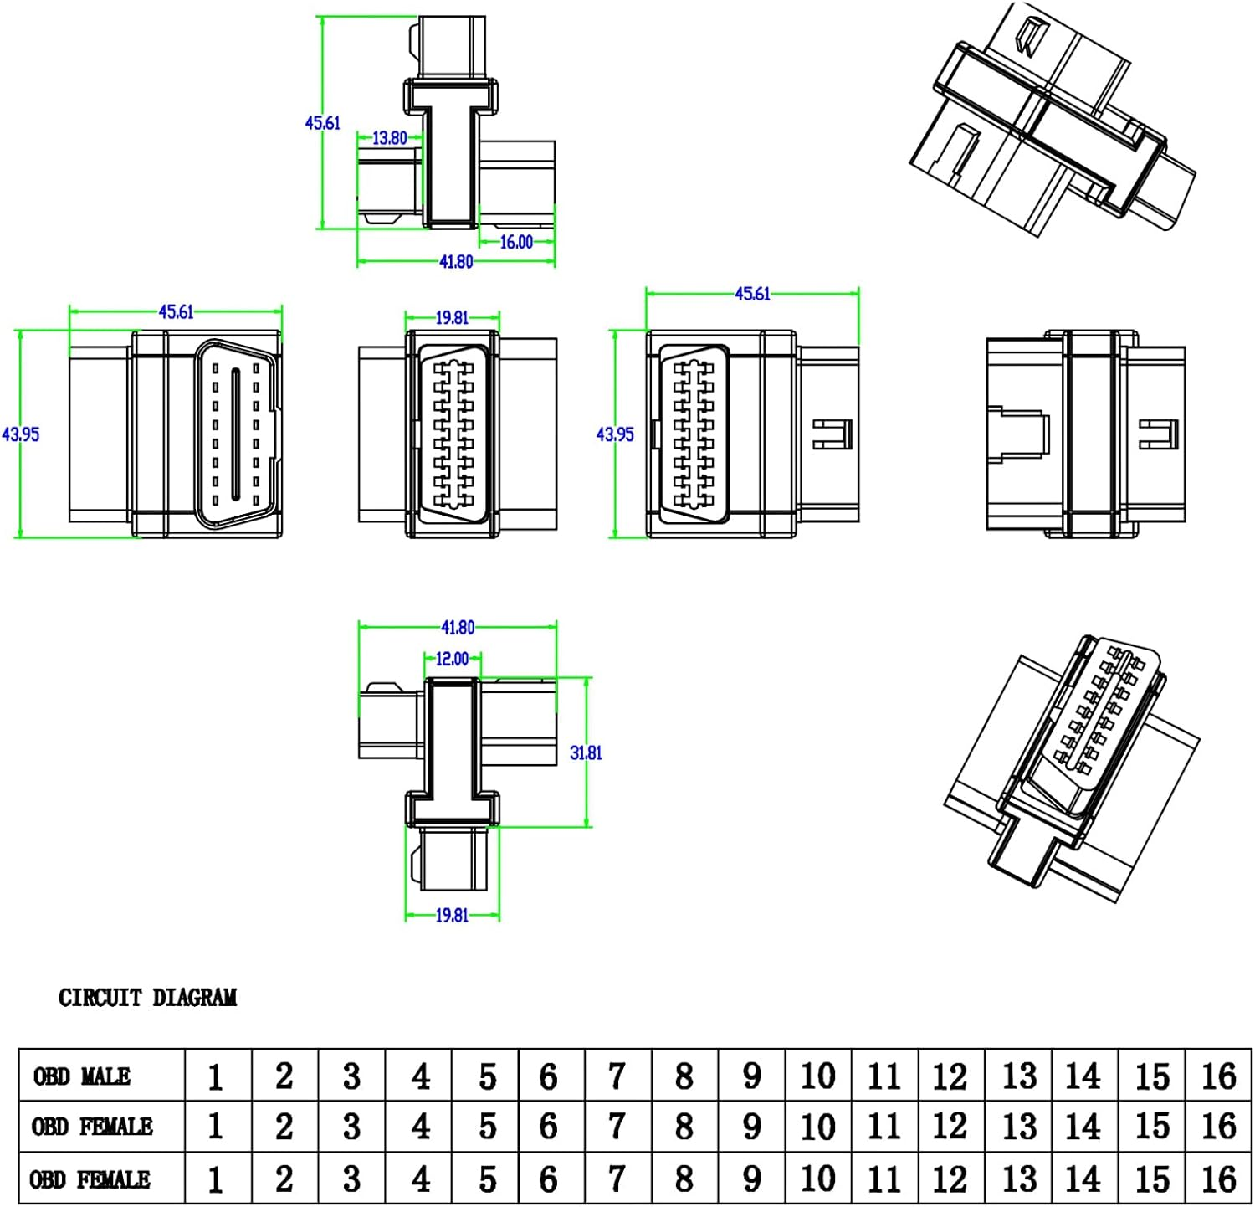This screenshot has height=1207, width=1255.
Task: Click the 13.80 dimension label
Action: (x=389, y=138)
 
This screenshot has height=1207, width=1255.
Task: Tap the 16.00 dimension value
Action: (x=516, y=242)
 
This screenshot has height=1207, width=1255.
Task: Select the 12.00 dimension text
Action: (x=453, y=659)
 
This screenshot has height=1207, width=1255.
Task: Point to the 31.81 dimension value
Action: (x=586, y=752)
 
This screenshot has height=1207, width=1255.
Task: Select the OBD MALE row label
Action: (x=82, y=1076)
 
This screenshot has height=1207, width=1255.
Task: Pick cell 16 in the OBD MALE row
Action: (x=1218, y=1076)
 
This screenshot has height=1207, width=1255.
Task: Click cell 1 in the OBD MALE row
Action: (x=216, y=1076)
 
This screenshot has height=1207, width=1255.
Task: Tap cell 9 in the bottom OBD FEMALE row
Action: (x=751, y=1179)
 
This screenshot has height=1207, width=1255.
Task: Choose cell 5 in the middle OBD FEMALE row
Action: (x=487, y=1127)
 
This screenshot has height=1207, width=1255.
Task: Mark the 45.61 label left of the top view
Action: (x=322, y=123)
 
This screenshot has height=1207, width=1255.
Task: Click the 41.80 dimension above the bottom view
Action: (x=458, y=627)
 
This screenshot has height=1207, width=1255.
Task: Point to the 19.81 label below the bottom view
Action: (x=452, y=915)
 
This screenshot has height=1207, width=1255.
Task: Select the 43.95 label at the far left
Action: (x=21, y=434)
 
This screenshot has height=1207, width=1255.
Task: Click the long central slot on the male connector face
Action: (x=237, y=434)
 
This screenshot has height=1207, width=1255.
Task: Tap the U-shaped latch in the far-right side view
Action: (x=1160, y=433)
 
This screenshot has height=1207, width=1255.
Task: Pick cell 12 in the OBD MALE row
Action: (x=950, y=1076)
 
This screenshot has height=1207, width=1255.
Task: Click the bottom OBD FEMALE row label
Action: (x=90, y=1179)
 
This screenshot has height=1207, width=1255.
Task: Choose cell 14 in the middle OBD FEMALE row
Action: (x=1083, y=1127)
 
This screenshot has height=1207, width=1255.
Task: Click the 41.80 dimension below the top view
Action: (x=456, y=262)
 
